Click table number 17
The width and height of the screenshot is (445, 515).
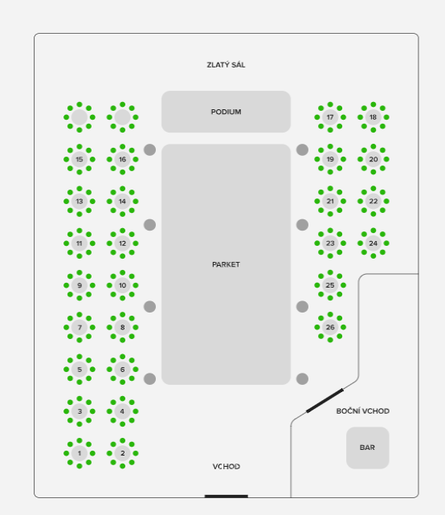(330, 117)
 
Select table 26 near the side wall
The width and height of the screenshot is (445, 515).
(330, 327)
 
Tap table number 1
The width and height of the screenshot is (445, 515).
(80, 453)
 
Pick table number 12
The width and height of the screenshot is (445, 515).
(123, 243)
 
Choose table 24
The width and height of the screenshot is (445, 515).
(373, 243)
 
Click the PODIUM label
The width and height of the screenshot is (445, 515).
(226, 112)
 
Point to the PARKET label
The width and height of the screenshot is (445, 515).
(226, 264)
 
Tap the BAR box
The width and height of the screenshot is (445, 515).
(368, 448)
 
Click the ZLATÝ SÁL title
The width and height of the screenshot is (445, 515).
(226, 65)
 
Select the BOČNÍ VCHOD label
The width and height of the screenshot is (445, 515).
(363, 411)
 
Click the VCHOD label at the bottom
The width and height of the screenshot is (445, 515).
(227, 466)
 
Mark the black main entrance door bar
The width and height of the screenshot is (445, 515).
(227, 497)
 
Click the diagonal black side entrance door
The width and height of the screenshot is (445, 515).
(325, 400)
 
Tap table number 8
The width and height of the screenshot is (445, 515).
(123, 327)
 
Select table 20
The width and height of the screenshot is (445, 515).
(373, 159)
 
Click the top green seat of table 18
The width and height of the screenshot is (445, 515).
(373, 104)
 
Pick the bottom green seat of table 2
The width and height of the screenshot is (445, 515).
(123, 466)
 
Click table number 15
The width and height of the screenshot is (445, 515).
(80, 159)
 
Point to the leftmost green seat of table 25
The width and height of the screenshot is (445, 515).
(317, 285)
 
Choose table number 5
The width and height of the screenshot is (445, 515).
(80, 369)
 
